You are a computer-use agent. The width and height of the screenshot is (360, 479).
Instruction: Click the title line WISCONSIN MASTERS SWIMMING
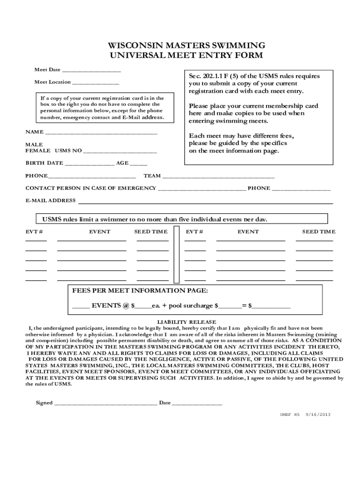click(x=187, y=45)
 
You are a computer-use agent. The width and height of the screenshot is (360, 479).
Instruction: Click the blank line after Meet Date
click(x=91, y=71)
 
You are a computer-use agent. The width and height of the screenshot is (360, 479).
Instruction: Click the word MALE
click(x=34, y=145)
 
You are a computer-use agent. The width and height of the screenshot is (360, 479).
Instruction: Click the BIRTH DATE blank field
click(x=89, y=164)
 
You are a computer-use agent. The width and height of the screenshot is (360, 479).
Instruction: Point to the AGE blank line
click(x=138, y=164)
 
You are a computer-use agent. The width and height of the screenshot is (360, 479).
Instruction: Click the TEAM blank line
click(x=218, y=177)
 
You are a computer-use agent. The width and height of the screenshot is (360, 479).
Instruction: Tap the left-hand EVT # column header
click(x=34, y=232)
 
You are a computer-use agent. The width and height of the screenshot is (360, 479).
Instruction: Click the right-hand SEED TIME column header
click(x=318, y=232)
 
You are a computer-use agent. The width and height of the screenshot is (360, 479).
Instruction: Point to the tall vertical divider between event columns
click(x=177, y=254)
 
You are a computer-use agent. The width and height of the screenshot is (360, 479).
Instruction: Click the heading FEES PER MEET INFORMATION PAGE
click(x=140, y=290)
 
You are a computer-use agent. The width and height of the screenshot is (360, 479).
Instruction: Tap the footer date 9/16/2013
click(x=318, y=414)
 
